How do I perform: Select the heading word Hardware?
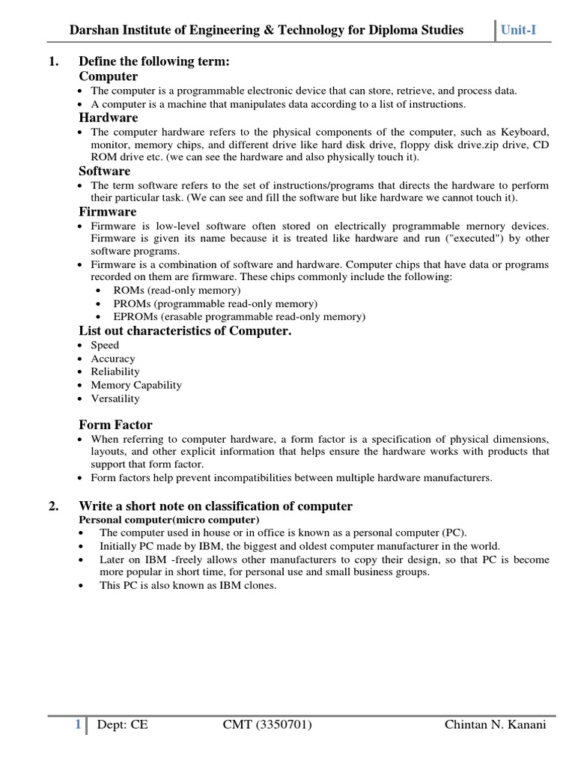point(109,118)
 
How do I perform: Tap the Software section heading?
point(105,172)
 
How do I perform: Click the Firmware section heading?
point(108,212)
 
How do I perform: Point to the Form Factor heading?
point(115,425)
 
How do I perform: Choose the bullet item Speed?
point(105,345)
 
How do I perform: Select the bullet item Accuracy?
point(113,359)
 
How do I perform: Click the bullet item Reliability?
point(115,372)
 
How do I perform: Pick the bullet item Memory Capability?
point(136,385)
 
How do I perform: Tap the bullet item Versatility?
point(115,398)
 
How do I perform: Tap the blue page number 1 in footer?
point(77,725)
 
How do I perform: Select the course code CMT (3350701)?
point(267,725)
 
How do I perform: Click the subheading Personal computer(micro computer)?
point(169,520)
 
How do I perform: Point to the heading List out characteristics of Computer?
point(185,331)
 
